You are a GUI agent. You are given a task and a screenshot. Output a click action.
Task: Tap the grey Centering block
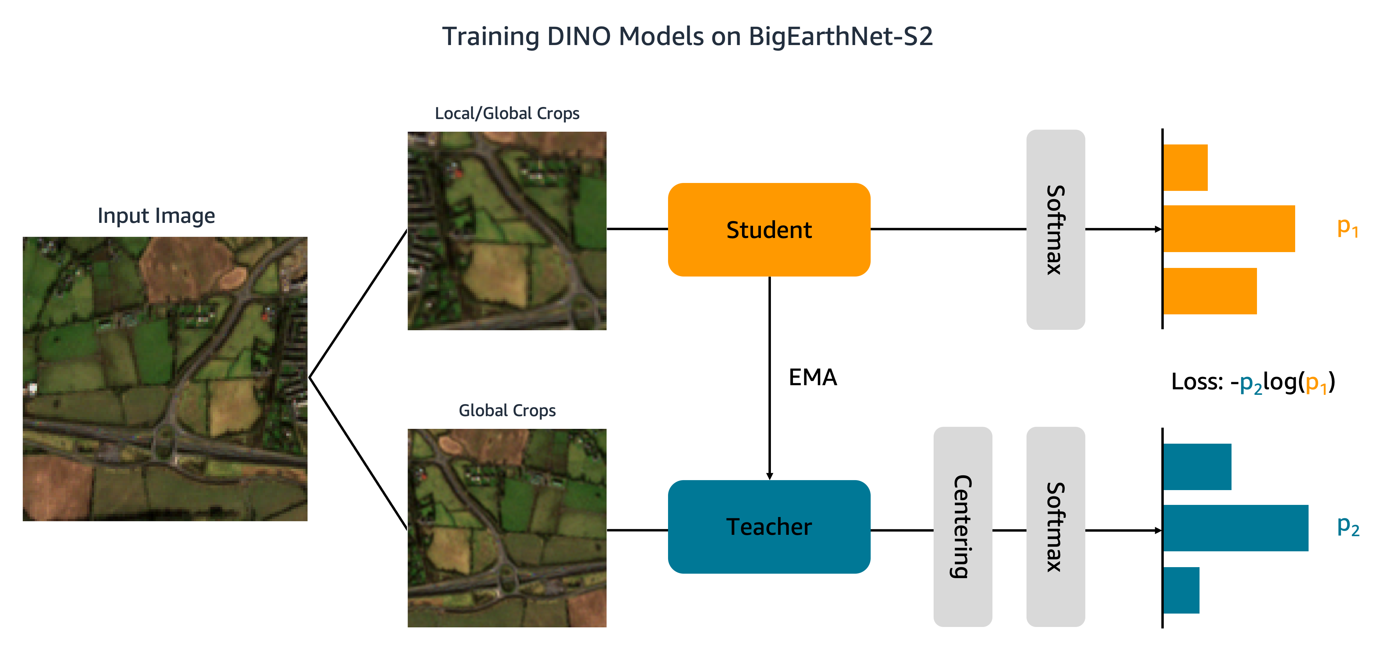[963, 527]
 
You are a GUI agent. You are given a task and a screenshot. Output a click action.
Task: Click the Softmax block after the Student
[1055, 230]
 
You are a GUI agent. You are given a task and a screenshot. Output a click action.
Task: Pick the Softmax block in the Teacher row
[1055, 527]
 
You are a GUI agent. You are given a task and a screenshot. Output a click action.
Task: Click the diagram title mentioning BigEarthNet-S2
[687, 36]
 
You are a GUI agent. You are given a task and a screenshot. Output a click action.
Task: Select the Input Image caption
[156, 216]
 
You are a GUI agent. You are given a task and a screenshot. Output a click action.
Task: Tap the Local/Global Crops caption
[507, 113]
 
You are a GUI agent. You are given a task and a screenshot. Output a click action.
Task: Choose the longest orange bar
[1228, 229]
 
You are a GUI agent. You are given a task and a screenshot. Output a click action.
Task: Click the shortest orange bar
[1185, 167]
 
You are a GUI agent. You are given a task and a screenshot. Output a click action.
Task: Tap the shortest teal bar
[1181, 590]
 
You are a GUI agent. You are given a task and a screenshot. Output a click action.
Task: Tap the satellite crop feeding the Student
[507, 231]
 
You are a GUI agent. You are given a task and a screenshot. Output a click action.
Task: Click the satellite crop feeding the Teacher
[507, 528]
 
